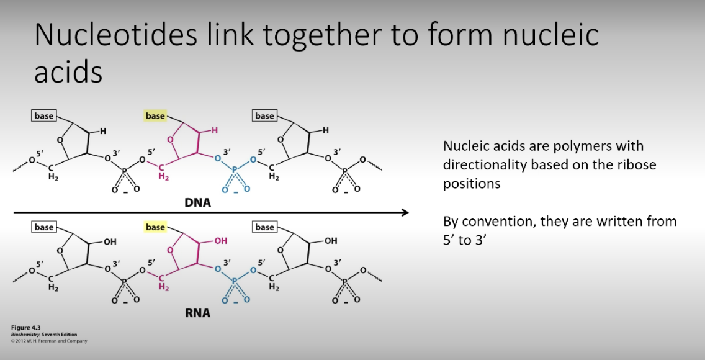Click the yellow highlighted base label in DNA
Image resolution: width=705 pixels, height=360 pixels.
(155, 116)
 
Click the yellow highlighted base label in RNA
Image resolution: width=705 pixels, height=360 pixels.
(155, 227)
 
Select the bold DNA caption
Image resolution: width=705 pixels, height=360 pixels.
(197, 202)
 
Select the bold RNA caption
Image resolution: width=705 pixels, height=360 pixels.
(197, 313)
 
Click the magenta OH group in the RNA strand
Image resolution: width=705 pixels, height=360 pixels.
(220, 241)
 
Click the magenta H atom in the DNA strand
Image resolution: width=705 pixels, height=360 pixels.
(215, 130)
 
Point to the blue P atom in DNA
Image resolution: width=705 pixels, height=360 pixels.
(235, 169)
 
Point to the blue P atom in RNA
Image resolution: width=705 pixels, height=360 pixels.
(235, 281)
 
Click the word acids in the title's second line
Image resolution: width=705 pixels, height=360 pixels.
(68, 73)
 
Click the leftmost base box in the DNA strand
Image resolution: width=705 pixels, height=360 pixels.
(44, 116)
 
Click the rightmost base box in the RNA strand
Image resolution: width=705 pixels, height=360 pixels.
(264, 227)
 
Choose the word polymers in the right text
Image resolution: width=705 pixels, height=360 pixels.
(588, 146)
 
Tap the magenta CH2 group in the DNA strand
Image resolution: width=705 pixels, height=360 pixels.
(163, 172)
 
